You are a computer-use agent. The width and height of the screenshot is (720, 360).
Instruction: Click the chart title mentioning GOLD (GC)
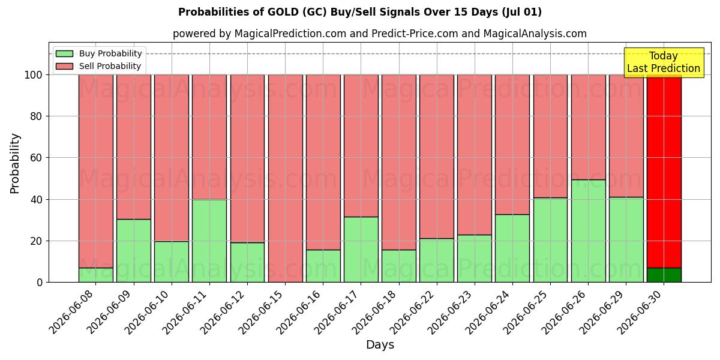click(x=360, y=12)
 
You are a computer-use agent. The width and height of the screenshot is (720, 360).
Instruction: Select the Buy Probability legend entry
click(x=98, y=53)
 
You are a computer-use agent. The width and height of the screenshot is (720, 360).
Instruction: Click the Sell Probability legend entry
click(x=98, y=66)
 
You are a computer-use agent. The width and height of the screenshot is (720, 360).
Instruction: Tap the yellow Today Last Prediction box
click(x=664, y=62)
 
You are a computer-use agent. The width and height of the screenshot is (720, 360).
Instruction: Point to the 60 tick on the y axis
click(x=37, y=158)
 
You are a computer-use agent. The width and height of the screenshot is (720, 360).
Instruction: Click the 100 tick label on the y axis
click(x=34, y=75)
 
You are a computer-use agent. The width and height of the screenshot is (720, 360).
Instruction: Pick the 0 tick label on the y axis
click(x=40, y=283)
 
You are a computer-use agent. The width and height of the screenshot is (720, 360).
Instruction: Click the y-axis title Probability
click(x=15, y=163)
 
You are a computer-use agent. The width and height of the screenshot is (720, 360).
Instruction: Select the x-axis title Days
click(x=380, y=345)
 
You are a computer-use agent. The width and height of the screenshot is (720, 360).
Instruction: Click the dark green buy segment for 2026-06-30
click(x=664, y=275)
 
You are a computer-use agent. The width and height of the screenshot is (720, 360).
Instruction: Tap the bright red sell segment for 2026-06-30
click(x=664, y=172)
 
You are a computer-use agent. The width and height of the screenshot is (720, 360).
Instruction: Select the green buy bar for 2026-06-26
click(x=588, y=231)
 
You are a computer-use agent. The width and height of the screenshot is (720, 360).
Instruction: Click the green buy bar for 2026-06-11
click(x=209, y=241)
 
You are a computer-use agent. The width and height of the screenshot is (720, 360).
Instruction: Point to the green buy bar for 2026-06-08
click(x=96, y=275)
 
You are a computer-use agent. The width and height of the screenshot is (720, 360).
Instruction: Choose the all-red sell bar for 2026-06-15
click(x=285, y=178)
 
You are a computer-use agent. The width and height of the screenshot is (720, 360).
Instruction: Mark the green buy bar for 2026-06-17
click(x=361, y=250)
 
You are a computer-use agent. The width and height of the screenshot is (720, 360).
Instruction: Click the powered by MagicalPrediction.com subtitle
click(x=380, y=34)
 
